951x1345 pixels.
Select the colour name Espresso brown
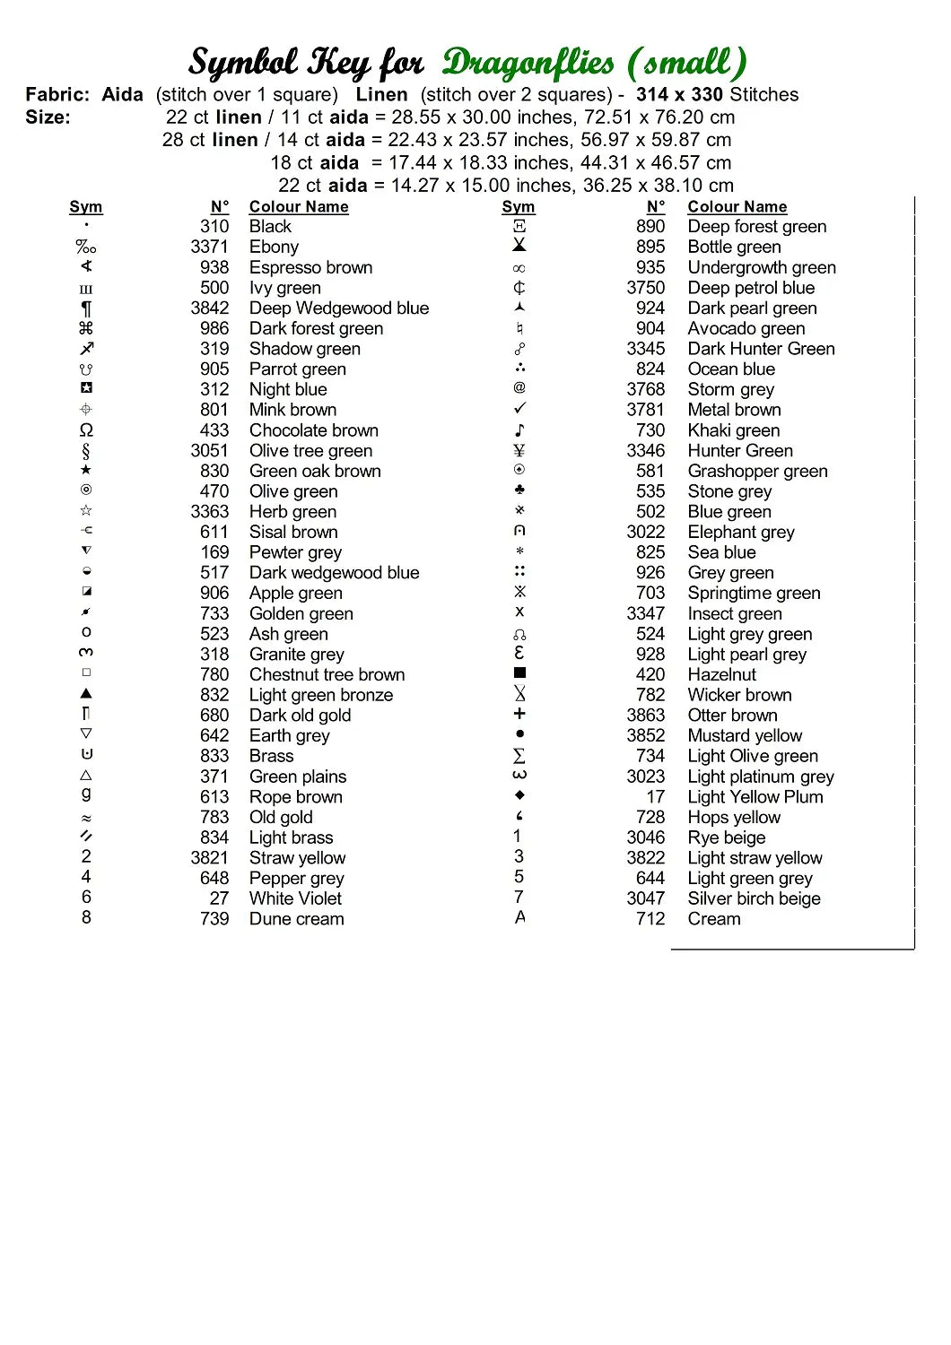310,267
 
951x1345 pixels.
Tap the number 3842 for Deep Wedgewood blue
209,308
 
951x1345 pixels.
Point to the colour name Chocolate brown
313,430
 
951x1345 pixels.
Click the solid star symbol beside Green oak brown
86,470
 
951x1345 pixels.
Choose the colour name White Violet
295,898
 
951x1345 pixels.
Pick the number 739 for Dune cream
214,919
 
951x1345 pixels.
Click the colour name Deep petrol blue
751,288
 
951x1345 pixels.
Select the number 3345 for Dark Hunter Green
646,349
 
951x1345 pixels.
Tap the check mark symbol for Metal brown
519,409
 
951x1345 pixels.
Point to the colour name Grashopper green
757,472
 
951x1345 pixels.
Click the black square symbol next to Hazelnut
519,672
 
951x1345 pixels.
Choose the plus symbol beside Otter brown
519,714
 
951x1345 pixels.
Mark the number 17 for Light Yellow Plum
656,797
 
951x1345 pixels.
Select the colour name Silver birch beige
754,898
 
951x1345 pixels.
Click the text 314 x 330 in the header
679,94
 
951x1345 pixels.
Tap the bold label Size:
48,117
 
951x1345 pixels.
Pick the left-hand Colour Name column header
299,207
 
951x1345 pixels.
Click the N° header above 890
656,207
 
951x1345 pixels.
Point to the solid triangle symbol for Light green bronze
86,693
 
